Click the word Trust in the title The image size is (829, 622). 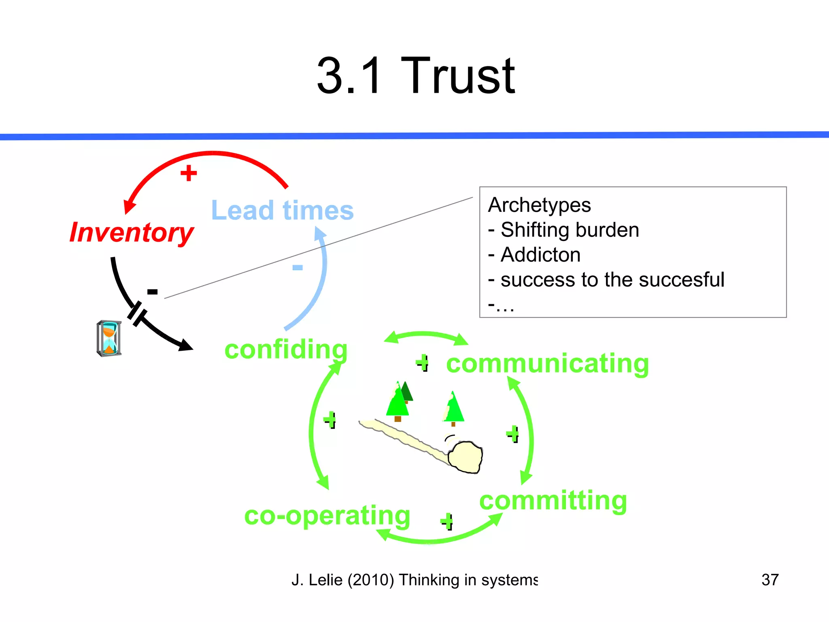pos(457,76)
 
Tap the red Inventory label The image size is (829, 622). pos(132,232)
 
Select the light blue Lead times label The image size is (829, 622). pos(283,210)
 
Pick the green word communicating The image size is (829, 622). pos(547,363)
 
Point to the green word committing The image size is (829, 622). pos(553,501)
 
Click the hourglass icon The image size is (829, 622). pos(109,339)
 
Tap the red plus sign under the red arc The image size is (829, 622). pos(189,173)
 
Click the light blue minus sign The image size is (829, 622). pos(298,267)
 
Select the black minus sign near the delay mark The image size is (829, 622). pos(152,292)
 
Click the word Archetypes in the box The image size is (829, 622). pos(539,205)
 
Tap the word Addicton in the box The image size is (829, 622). pos(540,255)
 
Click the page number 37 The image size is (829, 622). pos(769,580)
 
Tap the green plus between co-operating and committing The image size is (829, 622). pos(447,521)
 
